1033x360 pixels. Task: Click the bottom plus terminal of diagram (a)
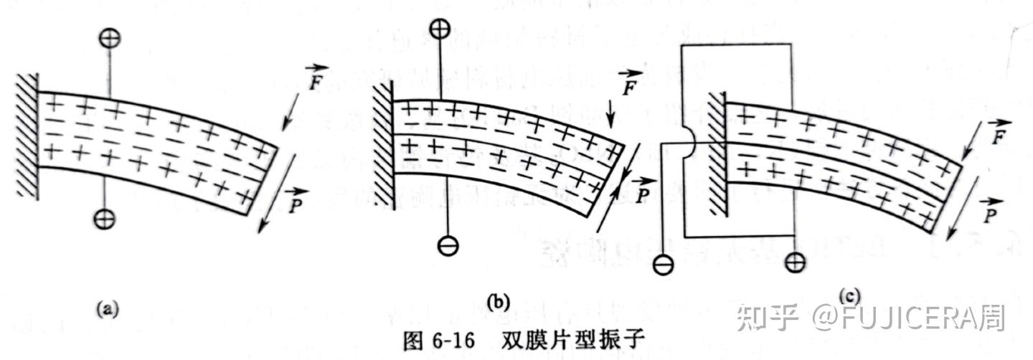(x=105, y=217)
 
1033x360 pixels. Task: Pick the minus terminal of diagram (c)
(x=664, y=265)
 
